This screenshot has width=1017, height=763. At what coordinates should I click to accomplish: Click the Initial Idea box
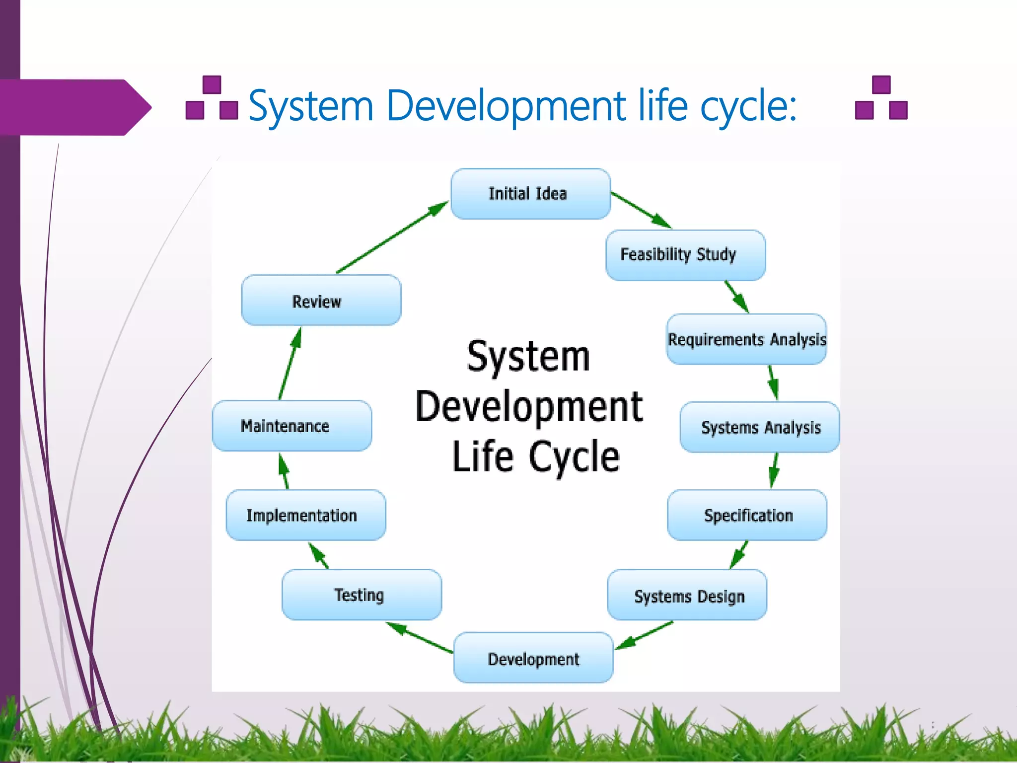tap(530, 194)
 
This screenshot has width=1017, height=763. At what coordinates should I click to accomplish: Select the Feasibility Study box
tap(685, 255)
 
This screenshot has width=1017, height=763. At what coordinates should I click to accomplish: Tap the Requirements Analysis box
tap(746, 339)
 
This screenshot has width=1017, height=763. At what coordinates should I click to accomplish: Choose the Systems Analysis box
tap(760, 427)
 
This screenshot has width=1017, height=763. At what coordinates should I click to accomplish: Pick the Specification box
tap(747, 515)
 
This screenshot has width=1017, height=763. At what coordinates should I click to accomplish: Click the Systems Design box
tap(687, 595)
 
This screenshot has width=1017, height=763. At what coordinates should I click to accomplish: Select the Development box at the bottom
tap(533, 658)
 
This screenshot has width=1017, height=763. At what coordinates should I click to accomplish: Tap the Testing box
tap(362, 595)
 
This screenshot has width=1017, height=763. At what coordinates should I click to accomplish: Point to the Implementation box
tap(306, 515)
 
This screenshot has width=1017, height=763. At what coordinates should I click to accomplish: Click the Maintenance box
tap(292, 426)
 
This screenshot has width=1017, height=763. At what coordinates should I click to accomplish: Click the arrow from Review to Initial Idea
tap(392, 237)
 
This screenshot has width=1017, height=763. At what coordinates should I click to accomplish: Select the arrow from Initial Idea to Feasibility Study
tap(641, 210)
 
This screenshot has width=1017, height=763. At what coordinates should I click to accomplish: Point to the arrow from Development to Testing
tap(420, 637)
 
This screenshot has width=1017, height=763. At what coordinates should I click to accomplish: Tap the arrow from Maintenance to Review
tap(290, 364)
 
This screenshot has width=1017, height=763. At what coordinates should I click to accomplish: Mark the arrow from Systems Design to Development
tap(644, 635)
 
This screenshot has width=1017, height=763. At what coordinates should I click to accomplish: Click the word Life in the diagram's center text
tap(483, 457)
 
